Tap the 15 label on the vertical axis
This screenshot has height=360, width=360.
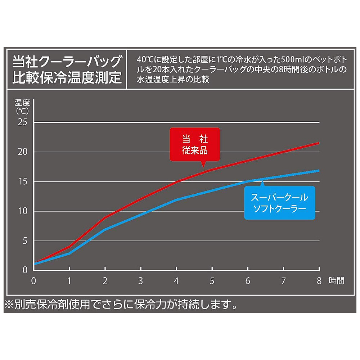pos(23,181)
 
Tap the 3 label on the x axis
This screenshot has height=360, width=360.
pos(140,281)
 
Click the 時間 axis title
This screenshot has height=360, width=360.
pos(336,281)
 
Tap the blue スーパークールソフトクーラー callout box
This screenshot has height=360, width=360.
pos(280,203)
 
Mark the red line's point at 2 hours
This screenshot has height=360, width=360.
pos(105,217)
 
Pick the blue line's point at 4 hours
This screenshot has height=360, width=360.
pos(176,199)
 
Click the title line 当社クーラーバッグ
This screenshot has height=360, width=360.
pos(66,62)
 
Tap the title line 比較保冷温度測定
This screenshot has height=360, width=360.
pos(66,78)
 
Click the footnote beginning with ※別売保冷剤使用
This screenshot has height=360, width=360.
pos(121,305)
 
